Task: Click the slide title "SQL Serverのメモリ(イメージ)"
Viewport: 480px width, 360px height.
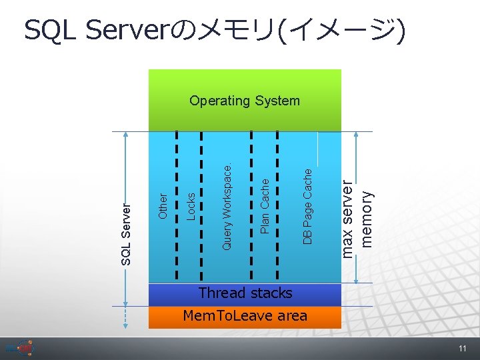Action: click(214, 29)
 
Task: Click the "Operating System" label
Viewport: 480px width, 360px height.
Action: click(245, 101)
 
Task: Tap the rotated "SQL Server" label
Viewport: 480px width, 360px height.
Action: click(127, 233)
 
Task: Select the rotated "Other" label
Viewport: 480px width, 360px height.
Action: click(163, 205)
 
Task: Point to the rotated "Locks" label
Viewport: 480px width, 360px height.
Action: click(191, 206)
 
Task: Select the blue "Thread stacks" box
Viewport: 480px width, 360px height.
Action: click(245, 293)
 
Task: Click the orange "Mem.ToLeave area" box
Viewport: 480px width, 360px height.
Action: click(245, 316)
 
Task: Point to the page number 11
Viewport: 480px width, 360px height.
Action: click(462, 349)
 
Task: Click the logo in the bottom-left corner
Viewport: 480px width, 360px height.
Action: click(20, 349)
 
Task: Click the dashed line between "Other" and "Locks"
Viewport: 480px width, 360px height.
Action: click(177, 207)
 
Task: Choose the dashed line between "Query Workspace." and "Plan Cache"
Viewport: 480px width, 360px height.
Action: click(251, 207)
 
